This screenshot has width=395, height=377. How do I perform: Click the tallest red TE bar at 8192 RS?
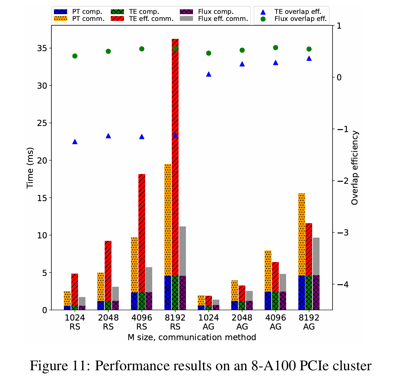coord(175,157)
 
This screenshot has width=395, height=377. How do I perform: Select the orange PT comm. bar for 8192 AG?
coord(302,234)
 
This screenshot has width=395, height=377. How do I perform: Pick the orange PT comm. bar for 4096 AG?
coord(268,271)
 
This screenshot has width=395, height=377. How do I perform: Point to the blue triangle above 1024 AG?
coord(209,74)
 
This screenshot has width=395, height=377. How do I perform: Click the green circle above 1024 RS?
coord(75,56)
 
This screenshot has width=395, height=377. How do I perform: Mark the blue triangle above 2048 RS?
coord(108,136)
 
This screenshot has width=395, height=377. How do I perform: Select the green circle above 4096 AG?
coord(276,48)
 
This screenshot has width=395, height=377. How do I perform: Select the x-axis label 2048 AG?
coord(242,322)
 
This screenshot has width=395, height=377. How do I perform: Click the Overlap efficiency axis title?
coord(355,168)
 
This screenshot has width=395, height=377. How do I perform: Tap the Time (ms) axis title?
coord(30,168)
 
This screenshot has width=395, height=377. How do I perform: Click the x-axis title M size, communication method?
coord(192,338)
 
